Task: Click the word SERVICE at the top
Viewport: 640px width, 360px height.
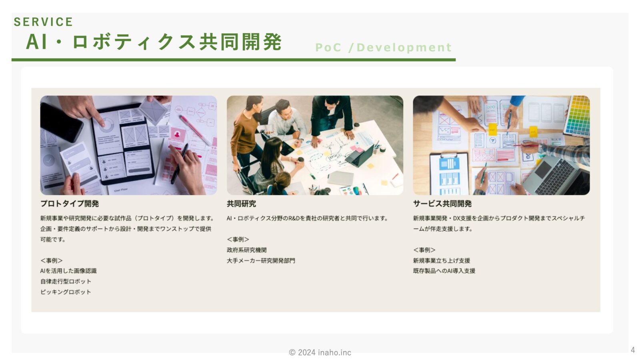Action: click(x=44, y=22)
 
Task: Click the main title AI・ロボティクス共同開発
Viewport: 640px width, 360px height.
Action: click(x=154, y=42)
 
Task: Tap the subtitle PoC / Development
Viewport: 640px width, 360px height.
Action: click(x=384, y=48)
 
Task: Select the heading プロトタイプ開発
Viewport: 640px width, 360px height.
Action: click(x=70, y=204)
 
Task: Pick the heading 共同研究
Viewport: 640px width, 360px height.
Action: click(x=241, y=204)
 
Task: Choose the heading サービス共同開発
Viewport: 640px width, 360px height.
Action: click(x=442, y=204)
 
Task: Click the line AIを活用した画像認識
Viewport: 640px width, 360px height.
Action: click(x=68, y=271)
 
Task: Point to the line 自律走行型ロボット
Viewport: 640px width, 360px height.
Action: click(x=66, y=282)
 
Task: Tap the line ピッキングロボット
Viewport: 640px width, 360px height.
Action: click(x=66, y=292)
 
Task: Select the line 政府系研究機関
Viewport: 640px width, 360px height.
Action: click(x=246, y=250)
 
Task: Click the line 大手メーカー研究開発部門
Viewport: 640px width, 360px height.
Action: click(x=261, y=260)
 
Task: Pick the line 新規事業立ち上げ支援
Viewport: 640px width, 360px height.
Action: click(x=442, y=260)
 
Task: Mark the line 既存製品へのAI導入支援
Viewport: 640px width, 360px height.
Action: click(x=444, y=271)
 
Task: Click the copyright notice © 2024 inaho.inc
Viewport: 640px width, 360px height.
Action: click(x=320, y=352)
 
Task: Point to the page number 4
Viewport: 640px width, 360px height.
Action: click(x=632, y=350)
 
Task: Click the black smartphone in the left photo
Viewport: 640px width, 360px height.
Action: click(x=61, y=122)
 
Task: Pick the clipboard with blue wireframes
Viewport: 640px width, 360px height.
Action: click(x=449, y=174)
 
